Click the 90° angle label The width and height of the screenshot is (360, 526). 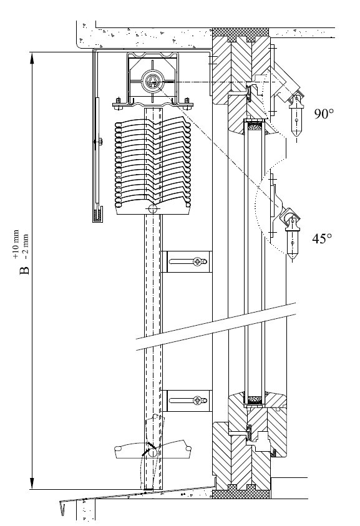(324, 114)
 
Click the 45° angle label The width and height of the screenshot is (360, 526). (322, 238)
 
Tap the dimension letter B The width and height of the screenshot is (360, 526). (24, 270)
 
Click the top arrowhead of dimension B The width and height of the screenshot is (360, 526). (32, 57)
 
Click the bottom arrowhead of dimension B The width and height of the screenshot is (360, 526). (32, 483)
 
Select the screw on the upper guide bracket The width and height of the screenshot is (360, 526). (198, 261)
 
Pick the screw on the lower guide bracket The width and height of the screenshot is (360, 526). (198, 400)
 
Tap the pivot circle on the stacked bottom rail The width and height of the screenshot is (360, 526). (153, 209)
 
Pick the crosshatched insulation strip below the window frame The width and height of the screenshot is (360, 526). (241, 492)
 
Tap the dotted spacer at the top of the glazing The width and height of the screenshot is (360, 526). (255, 126)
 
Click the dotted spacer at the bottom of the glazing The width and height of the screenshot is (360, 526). (255, 400)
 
